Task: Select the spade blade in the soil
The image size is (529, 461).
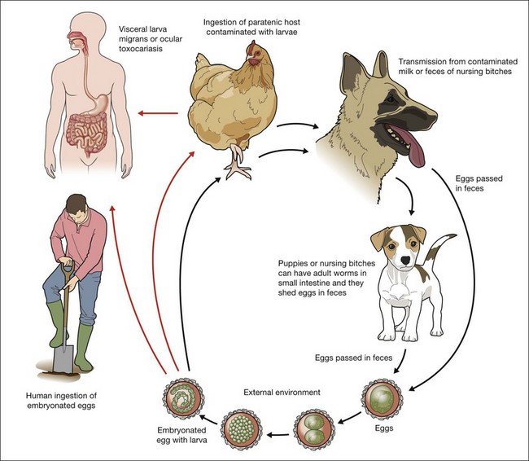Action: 66,353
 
